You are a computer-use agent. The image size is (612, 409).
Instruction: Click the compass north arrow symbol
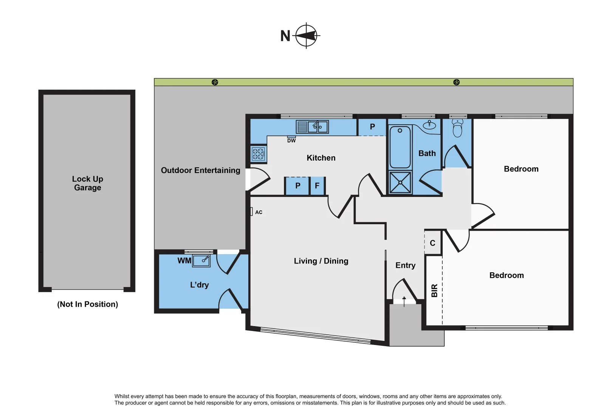(306, 36)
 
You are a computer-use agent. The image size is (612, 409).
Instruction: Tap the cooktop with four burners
(258, 154)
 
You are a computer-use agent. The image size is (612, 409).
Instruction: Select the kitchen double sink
(312, 127)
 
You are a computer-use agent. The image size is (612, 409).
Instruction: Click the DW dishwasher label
(291, 140)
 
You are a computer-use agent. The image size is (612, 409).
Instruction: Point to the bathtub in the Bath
(400, 147)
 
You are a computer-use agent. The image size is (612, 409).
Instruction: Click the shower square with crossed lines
(400, 183)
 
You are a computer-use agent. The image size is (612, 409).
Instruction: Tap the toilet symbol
(457, 128)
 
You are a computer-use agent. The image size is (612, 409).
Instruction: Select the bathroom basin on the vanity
(429, 125)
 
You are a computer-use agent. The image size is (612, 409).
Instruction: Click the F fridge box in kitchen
(317, 186)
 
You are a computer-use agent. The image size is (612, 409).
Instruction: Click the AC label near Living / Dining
(259, 212)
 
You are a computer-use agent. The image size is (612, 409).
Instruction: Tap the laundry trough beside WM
(201, 261)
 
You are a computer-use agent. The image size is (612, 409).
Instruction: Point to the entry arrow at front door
(404, 301)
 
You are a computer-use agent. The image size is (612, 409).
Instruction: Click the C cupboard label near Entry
(432, 243)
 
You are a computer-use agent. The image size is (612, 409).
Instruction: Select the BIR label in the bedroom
(434, 290)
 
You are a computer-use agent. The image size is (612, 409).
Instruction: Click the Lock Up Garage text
(87, 183)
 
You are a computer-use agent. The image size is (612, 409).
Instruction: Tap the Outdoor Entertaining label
(200, 170)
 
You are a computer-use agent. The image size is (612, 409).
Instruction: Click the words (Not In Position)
(87, 304)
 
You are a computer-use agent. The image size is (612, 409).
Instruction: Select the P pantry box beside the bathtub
(372, 127)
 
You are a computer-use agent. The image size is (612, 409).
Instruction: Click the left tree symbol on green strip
(215, 82)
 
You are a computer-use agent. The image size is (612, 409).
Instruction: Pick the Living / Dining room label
(321, 261)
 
